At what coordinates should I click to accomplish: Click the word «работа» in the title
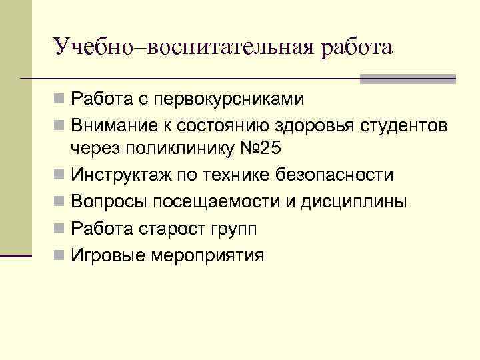point(357,48)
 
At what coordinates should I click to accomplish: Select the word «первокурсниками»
point(229,101)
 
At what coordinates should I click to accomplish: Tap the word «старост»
point(167,229)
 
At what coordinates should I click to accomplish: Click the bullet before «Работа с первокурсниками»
point(60,101)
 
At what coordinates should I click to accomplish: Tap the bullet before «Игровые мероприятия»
point(60,255)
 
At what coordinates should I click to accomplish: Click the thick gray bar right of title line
point(407,78)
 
